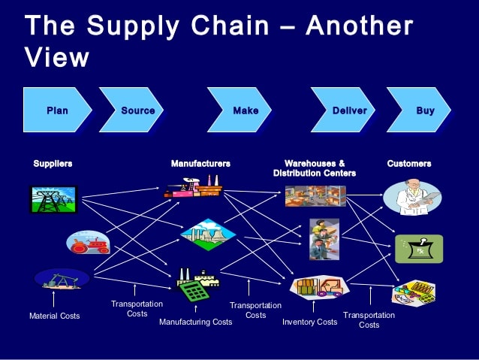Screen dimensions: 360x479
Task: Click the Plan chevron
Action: point(57,110)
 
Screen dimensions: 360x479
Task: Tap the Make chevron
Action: point(245,110)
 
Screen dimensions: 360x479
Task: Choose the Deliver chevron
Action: point(349,110)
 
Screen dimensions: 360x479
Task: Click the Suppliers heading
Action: point(53,163)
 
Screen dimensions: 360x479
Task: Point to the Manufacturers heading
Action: point(200,163)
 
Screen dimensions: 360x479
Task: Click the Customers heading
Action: point(409,163)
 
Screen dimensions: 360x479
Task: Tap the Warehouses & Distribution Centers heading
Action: point(315,168)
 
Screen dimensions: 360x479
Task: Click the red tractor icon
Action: point(89,242)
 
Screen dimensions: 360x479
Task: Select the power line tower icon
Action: point(53,198)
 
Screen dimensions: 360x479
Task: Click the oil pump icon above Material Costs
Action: point(61,280)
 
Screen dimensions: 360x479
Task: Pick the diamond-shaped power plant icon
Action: point(208,234)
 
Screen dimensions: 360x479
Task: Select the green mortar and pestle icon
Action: point(419,249)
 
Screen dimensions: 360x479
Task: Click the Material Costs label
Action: point(54,316)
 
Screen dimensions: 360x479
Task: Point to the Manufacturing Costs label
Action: point(195,322)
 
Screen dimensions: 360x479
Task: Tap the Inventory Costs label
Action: point(309,322)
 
